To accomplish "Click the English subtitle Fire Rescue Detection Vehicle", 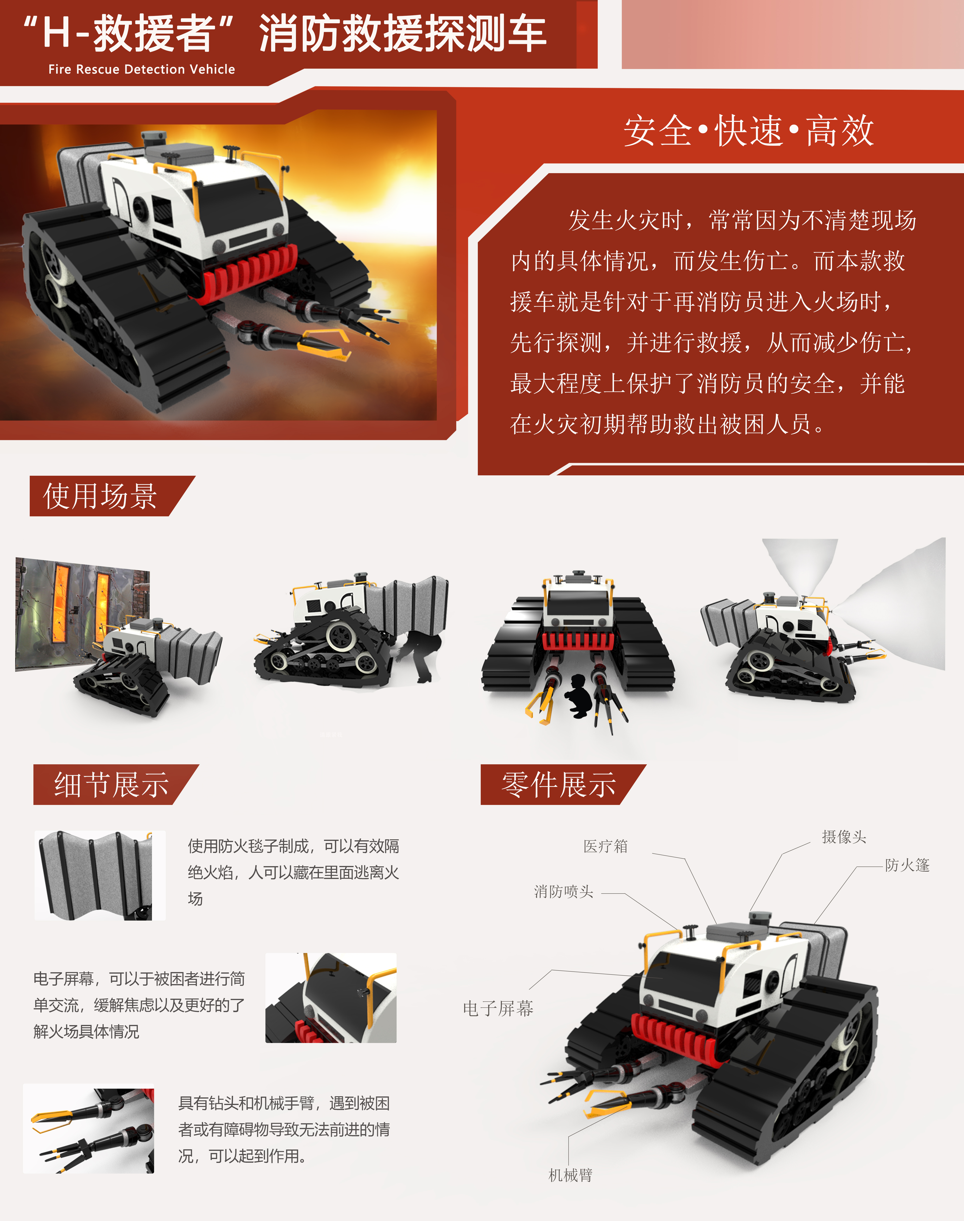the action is click(x=142, y=69).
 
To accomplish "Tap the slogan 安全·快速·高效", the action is click(x=749, y=131).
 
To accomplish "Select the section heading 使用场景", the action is click(x=100, y=496).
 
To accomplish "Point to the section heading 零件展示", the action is click(x=559, y=785).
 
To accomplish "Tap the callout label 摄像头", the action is click(x=844, y=837).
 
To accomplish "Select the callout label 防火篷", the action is click(x=907, y=865).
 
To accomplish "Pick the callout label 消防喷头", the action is click(x=564, y=891).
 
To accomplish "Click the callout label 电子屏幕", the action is click(x=498, y=1008).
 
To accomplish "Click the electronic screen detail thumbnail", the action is click(x=331, y=998).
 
